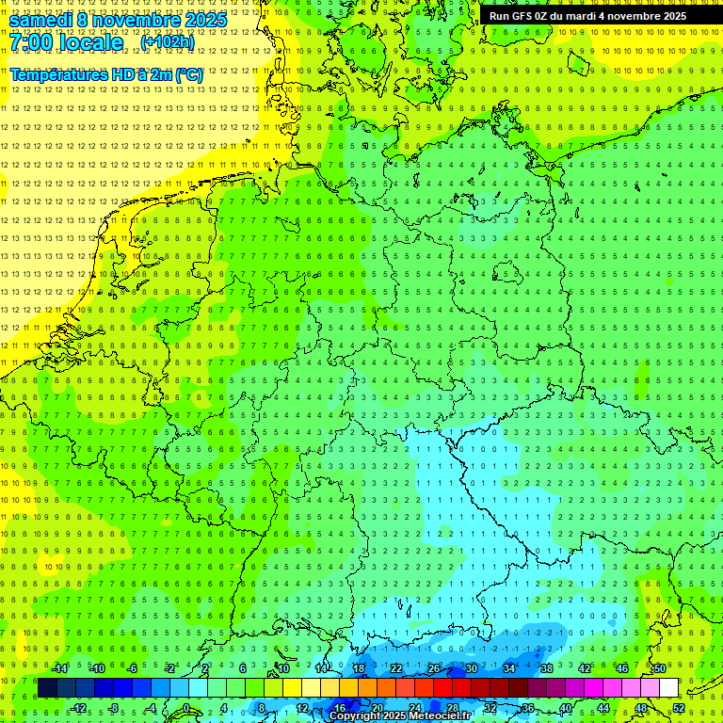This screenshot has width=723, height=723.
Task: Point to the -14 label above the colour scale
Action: (60, 668)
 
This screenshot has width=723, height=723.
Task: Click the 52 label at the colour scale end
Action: (679, 708)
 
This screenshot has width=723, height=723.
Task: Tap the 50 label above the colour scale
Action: (660, 668)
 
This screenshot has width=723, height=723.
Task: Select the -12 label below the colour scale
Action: (78, 708)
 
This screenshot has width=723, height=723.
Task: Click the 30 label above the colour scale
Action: (471, 668)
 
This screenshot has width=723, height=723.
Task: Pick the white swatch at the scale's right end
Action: (668, 688)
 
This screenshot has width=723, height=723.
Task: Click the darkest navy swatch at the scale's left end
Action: (47, 688)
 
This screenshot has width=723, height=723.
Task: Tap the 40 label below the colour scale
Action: (565, 708)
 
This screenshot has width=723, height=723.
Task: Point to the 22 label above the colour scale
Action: (395, 668)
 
